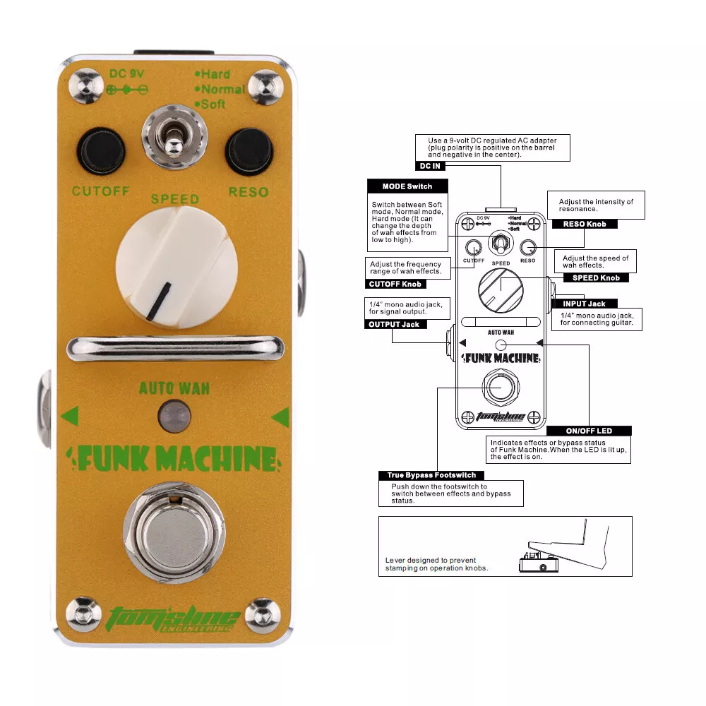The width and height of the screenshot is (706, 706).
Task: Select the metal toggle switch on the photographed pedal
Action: click(174, 137)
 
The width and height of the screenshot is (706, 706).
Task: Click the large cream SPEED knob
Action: click(176, 268)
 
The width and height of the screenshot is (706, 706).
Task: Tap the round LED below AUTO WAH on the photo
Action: click(174, 416)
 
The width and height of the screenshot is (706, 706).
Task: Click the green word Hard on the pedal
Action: click(213, 74)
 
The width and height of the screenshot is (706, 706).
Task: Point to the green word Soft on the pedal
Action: click(210, 104)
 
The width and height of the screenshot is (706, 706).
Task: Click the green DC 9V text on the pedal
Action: click(126, 74)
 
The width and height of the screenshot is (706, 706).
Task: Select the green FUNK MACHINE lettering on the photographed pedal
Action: click(174, 459)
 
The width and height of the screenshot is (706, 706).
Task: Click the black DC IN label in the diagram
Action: click(430, 166)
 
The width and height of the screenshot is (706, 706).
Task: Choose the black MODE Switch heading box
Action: click(407, 186)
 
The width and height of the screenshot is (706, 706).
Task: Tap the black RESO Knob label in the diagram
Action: click(585, 225)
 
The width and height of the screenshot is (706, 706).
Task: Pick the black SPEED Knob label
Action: click(596, 277)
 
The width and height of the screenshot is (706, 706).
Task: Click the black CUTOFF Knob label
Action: click(395, 284)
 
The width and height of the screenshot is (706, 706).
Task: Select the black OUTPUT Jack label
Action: click(395, 324)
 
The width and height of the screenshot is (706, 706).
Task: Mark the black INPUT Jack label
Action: click(585, 304)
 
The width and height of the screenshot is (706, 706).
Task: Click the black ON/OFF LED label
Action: click(589, 431)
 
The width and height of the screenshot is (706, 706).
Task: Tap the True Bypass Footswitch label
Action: click(431, 475)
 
